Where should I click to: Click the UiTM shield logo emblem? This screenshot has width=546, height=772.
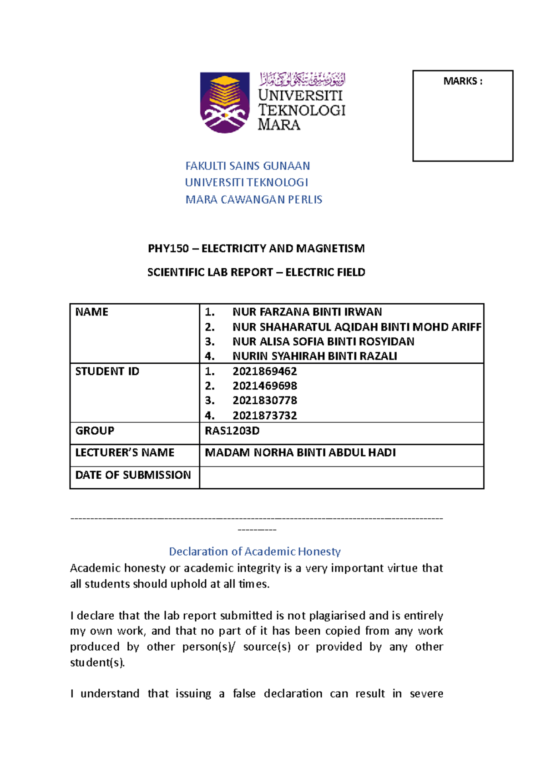[x=225, y=102]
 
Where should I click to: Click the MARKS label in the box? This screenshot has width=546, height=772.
[x=462, y=81]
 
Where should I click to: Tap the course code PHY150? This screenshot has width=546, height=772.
[x=168, y=249]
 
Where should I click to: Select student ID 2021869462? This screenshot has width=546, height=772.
[x=264, y=371]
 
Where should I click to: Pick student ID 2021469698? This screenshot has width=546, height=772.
[x=264, y=386]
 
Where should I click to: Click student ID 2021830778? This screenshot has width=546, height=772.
[x=264, y=401]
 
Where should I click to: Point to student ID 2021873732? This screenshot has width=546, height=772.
[x=264, y=416]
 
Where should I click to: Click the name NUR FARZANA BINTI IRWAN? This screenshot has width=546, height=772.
[x=307, y=312]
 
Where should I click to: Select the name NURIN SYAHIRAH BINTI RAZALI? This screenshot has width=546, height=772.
[x=314, y=356]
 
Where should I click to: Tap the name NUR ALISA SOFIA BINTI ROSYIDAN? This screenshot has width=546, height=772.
[x=323, y=341]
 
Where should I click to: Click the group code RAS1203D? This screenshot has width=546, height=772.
[x=232, y=431]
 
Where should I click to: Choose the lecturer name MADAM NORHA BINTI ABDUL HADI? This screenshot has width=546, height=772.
[x=300, y=452]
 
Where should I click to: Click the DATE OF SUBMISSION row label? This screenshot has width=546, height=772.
[x=133, y=475]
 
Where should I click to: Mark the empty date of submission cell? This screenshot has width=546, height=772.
[x=341, y=477]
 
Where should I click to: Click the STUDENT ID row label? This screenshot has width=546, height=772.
[x=107, y=371]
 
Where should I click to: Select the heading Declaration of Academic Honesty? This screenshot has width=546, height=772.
[x=254, y=551]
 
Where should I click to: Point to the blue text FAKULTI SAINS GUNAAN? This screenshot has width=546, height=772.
[x=248, y=166]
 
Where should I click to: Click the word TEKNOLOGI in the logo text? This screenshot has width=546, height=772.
[x=302, y=110]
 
